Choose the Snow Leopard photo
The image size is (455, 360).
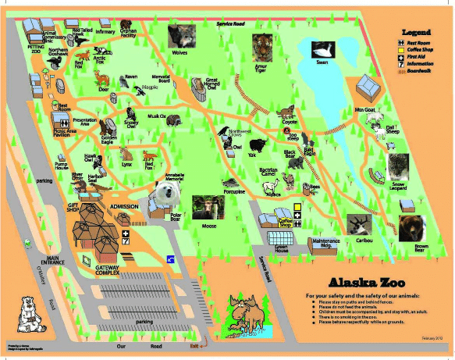tap(400, 165)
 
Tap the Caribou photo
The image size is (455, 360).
tap(361, 225)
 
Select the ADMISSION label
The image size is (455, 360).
tap(124, 207)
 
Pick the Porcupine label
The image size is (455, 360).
tap(234, 191)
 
